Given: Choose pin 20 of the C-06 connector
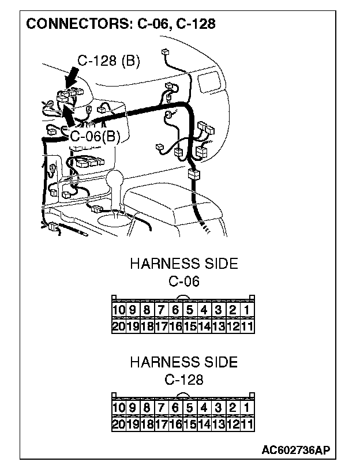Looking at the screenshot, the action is (118, 326).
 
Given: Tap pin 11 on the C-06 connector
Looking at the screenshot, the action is (247, 326).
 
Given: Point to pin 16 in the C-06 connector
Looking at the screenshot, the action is (175, 326).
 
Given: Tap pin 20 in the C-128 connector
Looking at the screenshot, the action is (118, 424).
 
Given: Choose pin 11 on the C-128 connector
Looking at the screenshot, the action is (247, 424).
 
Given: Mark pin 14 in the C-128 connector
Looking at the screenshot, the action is (204, 424).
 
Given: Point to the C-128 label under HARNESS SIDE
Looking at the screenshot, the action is (183, 380).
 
